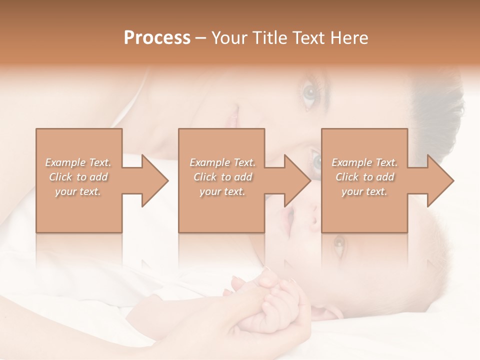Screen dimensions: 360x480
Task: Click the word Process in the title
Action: coord(157,37)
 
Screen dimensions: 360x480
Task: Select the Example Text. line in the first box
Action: coord(78,162)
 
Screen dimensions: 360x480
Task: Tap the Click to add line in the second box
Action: coord(222,177)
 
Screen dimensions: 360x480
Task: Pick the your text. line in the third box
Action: coord(364,191)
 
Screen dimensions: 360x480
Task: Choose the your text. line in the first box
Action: coord(78,191)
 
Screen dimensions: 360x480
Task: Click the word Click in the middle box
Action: coord(205,177)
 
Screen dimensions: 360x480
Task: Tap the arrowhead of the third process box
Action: coord(440,180)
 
